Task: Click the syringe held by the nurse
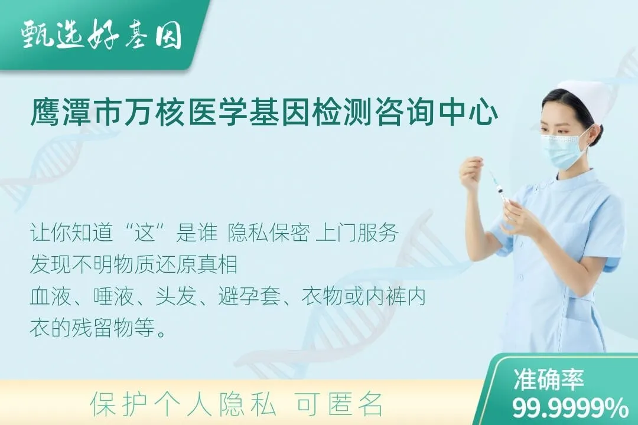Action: coord(498,186)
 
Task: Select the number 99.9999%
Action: coord(570,407)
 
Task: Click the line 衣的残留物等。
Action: coord(98,329)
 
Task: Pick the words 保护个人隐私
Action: coord(183,404)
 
